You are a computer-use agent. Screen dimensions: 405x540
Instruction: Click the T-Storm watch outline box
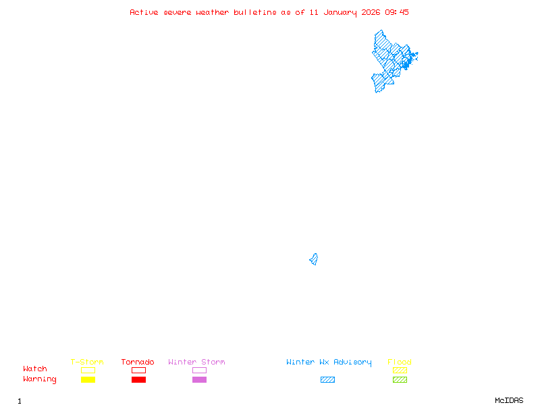click(x=88, y=370)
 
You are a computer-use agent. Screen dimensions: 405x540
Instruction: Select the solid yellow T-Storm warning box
click(x=88, y=379)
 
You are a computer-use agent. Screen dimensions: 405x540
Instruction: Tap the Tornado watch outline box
click(x=138, y=370)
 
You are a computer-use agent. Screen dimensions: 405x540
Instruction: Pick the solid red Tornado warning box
click(x=138, y=379)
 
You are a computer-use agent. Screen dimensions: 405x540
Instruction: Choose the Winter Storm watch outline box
click(x=199, y=370)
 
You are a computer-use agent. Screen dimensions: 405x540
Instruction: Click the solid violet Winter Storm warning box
click(x=199, y=379)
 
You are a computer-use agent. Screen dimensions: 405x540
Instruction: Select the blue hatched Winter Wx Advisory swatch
click(x=327, y=379)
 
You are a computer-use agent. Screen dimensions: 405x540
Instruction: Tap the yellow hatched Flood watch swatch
click(x=400, y=370)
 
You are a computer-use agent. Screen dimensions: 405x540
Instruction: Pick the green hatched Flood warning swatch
click(x=400, y=379)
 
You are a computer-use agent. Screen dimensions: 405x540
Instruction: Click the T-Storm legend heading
click(x=87, y=362)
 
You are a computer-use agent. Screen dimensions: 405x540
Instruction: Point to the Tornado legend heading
click(x=138, y=362)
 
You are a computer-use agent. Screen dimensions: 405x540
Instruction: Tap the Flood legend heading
click(x=400, y=362)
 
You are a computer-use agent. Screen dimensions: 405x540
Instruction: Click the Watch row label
click(x=35, y=369)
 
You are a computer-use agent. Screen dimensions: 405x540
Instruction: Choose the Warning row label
click(x=40, y=379)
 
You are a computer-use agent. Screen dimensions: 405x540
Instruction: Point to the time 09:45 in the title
click(x=397, y=12)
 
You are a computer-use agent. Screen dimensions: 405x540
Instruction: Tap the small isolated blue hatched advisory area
click(x=314, y=259)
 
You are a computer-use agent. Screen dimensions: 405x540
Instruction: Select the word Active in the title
click(x=144, y=12)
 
